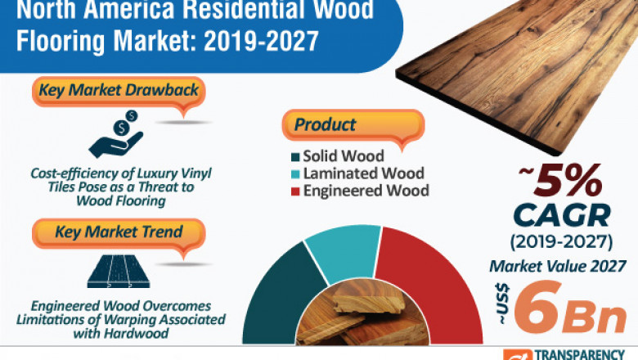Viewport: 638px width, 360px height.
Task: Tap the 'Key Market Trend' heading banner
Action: coord(118,232)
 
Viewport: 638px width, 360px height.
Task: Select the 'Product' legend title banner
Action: coord(326,125)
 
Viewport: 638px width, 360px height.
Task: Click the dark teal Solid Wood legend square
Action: coord(294,156)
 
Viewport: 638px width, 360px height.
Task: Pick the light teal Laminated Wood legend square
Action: coord(294,173)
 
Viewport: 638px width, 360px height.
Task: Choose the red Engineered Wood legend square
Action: coord(294,191)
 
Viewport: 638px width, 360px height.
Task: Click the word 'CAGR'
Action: coord(563,216)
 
